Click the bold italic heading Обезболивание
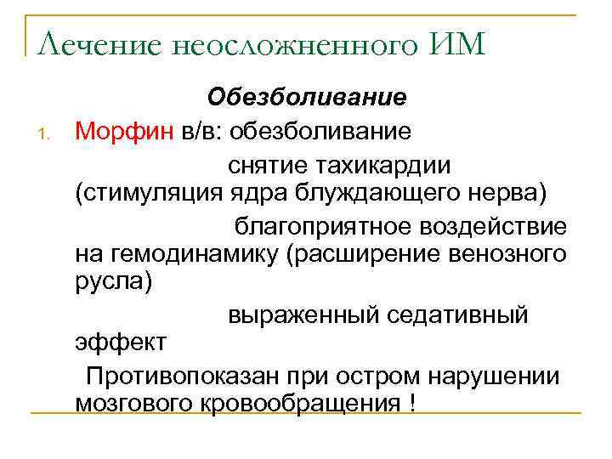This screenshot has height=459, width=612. coord(308,98)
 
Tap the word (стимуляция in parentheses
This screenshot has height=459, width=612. coord(150,193)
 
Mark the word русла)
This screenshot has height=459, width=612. coord(114,281)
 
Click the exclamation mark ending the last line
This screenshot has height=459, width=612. coord(412,402)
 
